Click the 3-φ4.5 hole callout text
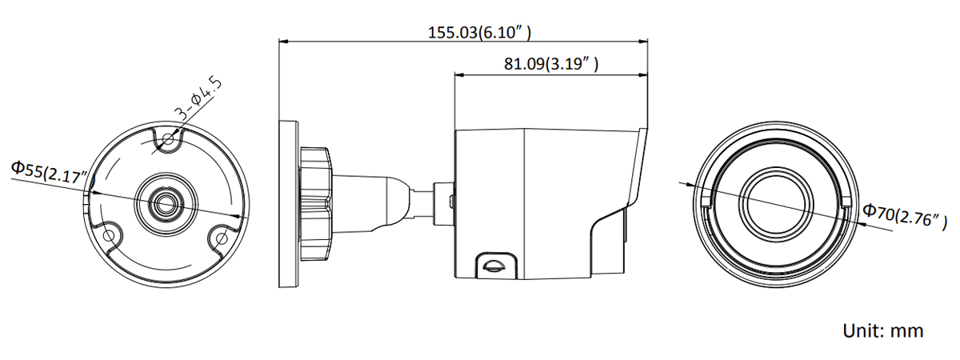198,99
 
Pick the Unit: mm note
882,330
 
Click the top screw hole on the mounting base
167,141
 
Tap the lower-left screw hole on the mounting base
110,235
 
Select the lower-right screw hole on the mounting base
222,237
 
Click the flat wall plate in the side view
288,204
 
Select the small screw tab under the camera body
493,263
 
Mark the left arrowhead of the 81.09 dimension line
458,74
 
